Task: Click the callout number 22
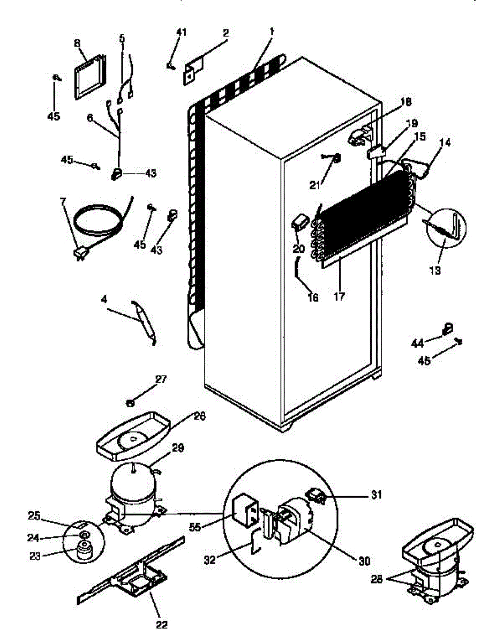coord(162,624)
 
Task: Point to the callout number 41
coord(182,32)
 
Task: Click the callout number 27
coord(161,379)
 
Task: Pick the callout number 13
coord(434,271)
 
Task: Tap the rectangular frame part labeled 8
coord(88,76)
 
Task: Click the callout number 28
coord(376,579)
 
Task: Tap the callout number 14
coord(445,143)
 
